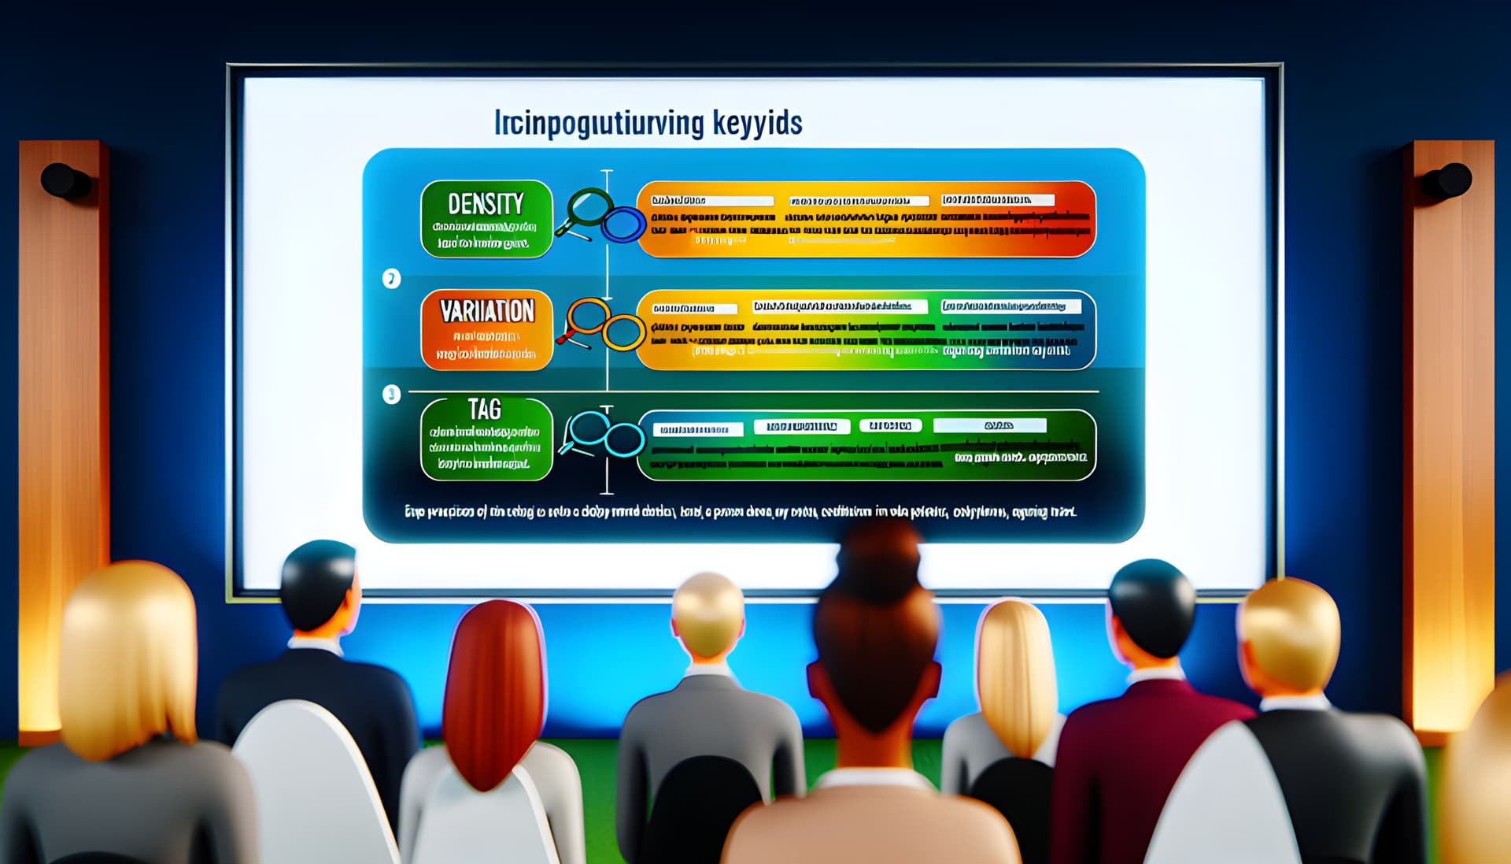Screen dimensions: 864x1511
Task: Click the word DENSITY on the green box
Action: click(486, 204)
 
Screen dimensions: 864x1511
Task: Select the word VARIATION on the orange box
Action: click(487, 312)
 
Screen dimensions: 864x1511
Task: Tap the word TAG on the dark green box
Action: click(484, 410)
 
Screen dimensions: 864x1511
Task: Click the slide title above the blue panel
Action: click(648, 124)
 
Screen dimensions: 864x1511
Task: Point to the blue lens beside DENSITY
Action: click(623, 224)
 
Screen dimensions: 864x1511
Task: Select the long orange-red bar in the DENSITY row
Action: click(866, 219)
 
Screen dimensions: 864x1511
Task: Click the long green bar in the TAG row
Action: click(866, 445)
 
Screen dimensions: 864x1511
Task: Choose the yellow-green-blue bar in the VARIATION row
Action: click(866, 330)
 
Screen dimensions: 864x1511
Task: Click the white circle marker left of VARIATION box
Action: click(391, 279)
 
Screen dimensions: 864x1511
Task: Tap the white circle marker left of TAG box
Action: click(391, 395)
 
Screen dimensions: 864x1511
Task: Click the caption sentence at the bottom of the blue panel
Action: click(740, 512)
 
